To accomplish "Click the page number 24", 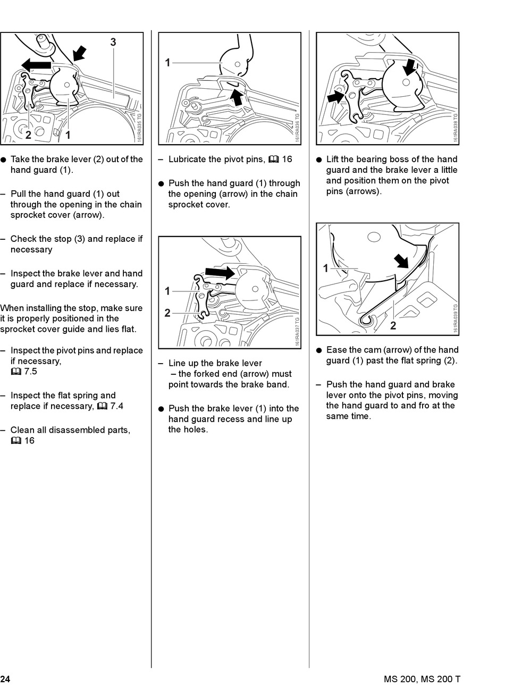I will pos(5,679).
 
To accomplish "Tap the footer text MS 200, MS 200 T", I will pos(422,679).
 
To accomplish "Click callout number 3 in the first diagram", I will pos(113,43).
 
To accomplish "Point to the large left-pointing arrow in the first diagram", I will pos(36,65).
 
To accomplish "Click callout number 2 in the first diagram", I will pos(28,135).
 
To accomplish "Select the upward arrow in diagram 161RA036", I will pos(238,96).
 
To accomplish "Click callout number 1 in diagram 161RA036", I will pos(167,63).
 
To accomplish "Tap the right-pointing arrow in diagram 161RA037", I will pos(220,273).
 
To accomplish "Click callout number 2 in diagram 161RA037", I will pos(167,313).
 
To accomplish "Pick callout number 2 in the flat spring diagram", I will pos(393,325).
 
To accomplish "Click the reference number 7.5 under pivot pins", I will pos(30,372).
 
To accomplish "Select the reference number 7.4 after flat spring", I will pos(116,406).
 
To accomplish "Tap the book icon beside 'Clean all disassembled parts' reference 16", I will pos(15,441).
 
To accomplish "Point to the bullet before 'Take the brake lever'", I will pos(3,160).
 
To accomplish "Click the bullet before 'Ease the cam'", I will pos(319,350).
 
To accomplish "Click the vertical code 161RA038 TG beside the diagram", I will pos(456,128).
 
